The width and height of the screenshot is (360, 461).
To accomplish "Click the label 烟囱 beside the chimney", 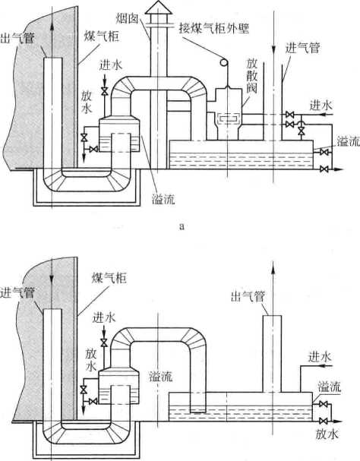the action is [x=127, y=19].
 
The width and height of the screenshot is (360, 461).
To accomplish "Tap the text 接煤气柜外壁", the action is [x=214, y=28].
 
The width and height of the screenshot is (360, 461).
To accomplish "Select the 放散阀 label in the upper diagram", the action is [x=251, y=75].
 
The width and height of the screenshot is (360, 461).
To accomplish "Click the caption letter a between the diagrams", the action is [x=182, y=226].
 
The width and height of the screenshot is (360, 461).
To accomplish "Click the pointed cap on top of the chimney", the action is [x=159, y=8].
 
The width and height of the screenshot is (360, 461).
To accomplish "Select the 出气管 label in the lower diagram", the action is [x=248, y=296].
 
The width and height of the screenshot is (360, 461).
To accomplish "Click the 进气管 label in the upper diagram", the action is [x=302, y=48].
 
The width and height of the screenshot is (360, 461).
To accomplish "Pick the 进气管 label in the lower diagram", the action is [x=17, y=292].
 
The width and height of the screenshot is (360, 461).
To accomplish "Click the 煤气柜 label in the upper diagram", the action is [x=102, y=36].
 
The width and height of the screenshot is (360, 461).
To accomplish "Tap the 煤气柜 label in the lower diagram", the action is [x=109, y=278].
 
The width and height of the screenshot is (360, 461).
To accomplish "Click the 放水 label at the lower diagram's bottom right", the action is [x=327, y=434].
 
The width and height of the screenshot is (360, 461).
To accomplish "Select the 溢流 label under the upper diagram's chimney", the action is [x=163, y=199].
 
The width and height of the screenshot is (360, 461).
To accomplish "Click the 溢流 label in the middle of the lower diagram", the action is [x=160, y=377].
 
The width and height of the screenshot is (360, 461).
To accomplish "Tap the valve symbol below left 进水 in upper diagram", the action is [x=104, y=91].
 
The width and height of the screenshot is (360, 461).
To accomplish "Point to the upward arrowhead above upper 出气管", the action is [x=52, y=27].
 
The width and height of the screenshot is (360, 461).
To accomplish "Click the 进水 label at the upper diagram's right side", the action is [x=321, y=106].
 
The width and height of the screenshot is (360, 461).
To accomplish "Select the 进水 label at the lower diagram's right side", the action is [x=320, y=357].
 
